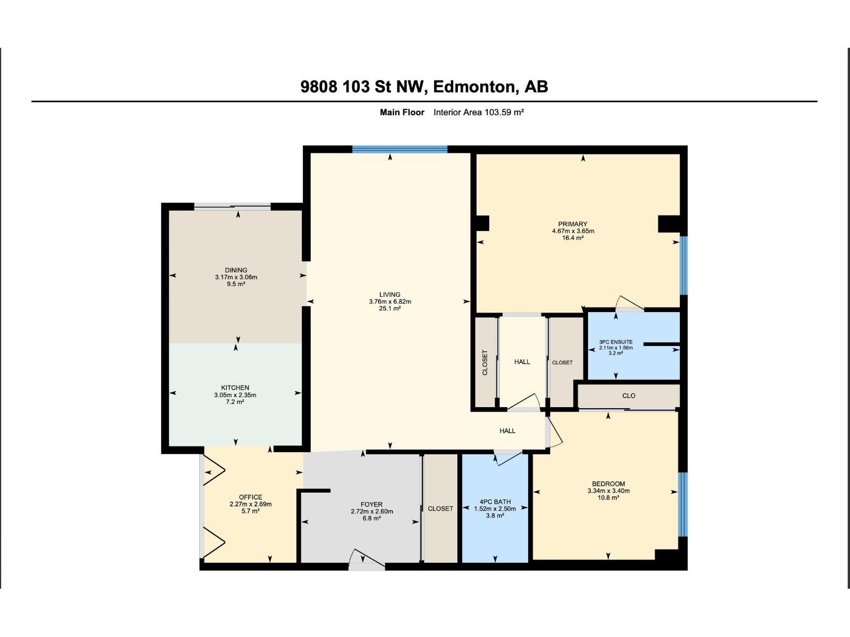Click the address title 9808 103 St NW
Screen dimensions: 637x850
coord(424,87)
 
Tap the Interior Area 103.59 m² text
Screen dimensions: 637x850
coord(479,112)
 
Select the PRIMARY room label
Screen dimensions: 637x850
coord(573,224)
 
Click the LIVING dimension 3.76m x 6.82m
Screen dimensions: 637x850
coord(390,302)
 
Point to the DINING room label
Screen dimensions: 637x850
coord(236,270)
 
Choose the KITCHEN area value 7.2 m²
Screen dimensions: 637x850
coord(235,402)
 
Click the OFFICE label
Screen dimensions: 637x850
coord(250,497)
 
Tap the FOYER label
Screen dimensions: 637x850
coord(371,505)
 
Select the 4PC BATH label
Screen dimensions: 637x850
coord(495,502)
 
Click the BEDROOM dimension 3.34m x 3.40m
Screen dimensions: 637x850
coord(608,491)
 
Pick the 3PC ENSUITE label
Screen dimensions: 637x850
coord(616,342)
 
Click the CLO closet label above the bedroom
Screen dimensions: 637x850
coord(628,395)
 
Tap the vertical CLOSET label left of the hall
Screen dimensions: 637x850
coord(484,363)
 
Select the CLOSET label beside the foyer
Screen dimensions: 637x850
coord(440,509)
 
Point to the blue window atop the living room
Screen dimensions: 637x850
coord(399,149)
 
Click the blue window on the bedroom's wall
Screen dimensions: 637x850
coord(684,504)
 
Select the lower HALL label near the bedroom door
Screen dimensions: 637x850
coord(507,431)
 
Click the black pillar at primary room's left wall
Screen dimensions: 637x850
coord(482,223)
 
